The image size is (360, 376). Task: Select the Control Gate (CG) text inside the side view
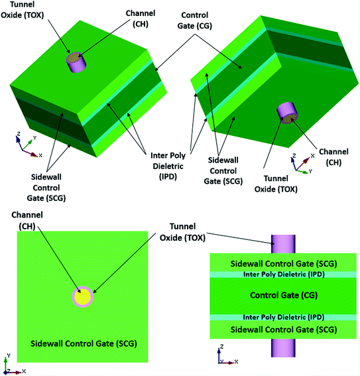pos(283,294)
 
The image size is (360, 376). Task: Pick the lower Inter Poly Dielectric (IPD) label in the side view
pos(283,317)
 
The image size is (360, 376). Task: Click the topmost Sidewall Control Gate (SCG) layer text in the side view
pos(283,263)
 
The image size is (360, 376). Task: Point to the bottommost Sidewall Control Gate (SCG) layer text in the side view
pos(283,329)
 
